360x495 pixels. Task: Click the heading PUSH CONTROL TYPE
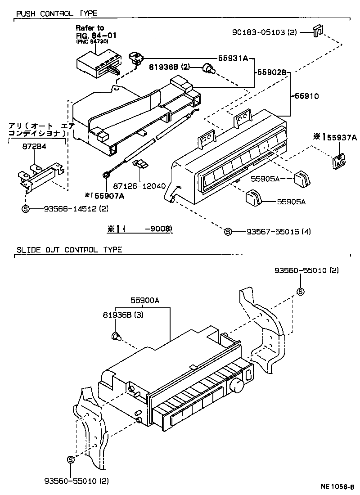(x=57, y=14)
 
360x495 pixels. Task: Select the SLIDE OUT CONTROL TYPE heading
(x=69, y=250)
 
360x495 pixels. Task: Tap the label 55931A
(x=234, y=58)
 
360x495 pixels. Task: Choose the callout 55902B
(x=272, y=72)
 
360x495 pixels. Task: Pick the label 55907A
(x=108, y=195)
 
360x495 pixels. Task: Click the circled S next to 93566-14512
(x=26, y=208)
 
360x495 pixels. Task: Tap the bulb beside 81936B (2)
(x=208, y=68)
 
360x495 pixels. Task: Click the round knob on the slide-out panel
(x=236, y=385)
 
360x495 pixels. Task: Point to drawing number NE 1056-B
(x=337, y=486)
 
